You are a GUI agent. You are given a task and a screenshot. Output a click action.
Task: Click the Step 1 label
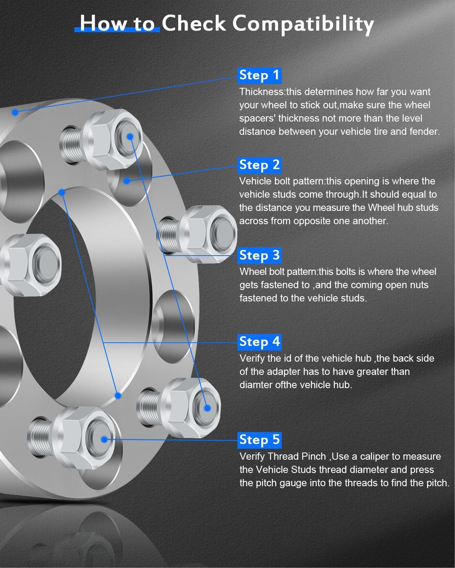click(259, 75)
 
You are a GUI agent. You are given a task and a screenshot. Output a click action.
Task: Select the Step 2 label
click(259, 165)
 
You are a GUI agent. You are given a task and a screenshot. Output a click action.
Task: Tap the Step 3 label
click(259, 255)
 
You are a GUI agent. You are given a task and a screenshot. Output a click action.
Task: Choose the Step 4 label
click(259, 342)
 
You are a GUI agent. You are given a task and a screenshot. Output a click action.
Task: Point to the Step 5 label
click(259, 440)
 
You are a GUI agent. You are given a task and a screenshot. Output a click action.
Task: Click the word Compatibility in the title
click(303, 24)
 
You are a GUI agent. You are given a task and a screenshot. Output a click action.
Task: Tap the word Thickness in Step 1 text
click(262, 92)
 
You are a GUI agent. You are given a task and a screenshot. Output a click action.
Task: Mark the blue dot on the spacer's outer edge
click(15, 112)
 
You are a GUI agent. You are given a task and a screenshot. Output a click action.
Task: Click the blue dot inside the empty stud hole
click(127, 181)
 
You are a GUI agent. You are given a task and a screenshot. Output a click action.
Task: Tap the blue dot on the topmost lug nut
click(130, 136)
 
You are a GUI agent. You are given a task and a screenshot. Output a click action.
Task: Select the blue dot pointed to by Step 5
click(104, 439)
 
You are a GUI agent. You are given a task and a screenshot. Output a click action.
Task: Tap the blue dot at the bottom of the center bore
click(118, 396)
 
